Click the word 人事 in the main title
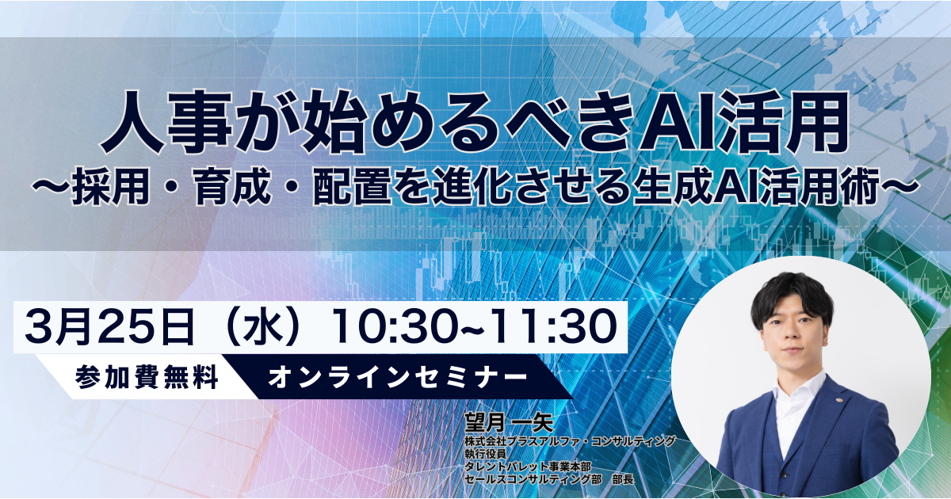coord(166,122)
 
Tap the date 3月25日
coord(109,326)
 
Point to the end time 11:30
coord(555,326)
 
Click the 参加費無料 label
coord(147,377)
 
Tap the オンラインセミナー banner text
coord(397,377)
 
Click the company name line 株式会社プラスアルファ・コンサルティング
coord(570,441)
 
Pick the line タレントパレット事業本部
coord(528,467)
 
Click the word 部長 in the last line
coord(623,479)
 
